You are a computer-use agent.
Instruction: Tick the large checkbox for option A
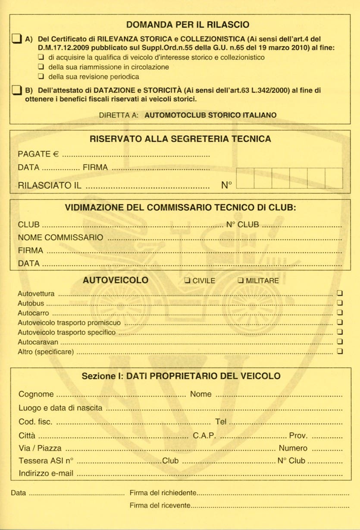[16, 39]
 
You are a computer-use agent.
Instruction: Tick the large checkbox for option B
[16, 90]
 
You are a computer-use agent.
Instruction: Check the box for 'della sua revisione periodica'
[41, 77]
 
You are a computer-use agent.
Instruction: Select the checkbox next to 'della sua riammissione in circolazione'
[41, 67]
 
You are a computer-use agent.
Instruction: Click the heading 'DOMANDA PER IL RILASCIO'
[188, 25]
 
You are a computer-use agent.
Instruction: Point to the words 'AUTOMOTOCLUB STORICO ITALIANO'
[211, 115]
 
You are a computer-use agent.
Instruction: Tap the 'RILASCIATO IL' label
[50, 186]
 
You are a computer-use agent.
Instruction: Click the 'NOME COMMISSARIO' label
[60, 237]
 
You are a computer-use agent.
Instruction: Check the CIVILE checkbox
[188, 281]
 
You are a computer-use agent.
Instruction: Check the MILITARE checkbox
[241, 281]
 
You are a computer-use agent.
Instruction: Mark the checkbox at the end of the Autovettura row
[340, 294]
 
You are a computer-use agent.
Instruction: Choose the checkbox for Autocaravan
[340, 342]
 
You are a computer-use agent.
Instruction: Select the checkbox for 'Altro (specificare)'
[340, 352]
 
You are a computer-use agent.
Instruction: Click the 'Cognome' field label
[36, 394]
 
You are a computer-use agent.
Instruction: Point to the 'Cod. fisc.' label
[35, 422]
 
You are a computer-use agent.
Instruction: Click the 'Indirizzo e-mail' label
[46, 473]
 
